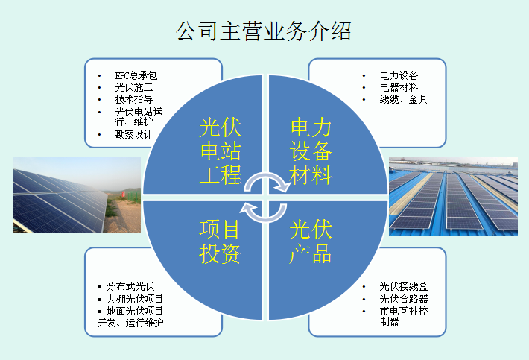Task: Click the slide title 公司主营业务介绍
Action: pos(264,31)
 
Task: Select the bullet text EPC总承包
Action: pos(136,75)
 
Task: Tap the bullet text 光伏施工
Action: pos(134,87)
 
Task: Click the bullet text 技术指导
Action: pos(134,99)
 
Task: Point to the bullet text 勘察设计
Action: pos(134,134)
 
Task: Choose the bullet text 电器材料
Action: pos(399,87)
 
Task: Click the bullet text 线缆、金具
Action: pos(404,99)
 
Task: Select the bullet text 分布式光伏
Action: pos(130,286)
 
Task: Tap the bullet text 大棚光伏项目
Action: pos(135,299)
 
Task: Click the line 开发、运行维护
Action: pos(130,323)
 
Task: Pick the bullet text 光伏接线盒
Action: pos(404,286)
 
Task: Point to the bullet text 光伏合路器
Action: pos(404,299)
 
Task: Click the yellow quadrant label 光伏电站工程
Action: pos(221,151)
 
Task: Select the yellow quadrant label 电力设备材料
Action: pos(311,151)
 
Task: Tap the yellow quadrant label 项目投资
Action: pos(220,241)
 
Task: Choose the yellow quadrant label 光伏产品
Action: pos(311,241)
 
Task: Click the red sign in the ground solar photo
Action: pos(124,194)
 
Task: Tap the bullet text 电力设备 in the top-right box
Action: pos(399,75)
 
